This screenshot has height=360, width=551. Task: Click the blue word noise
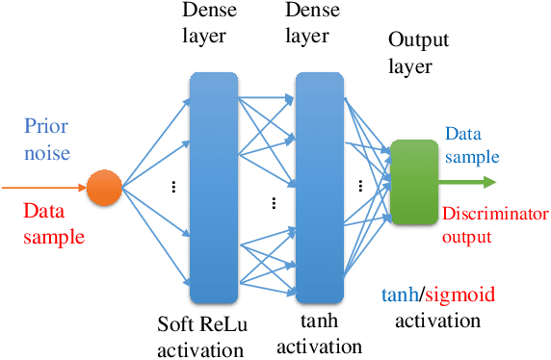(46, 152)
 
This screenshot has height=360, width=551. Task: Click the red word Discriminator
(496, 215)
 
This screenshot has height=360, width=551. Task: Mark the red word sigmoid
(449, 294)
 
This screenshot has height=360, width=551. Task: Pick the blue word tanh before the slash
(396, 294)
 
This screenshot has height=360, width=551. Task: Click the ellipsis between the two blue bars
(274, 202)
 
